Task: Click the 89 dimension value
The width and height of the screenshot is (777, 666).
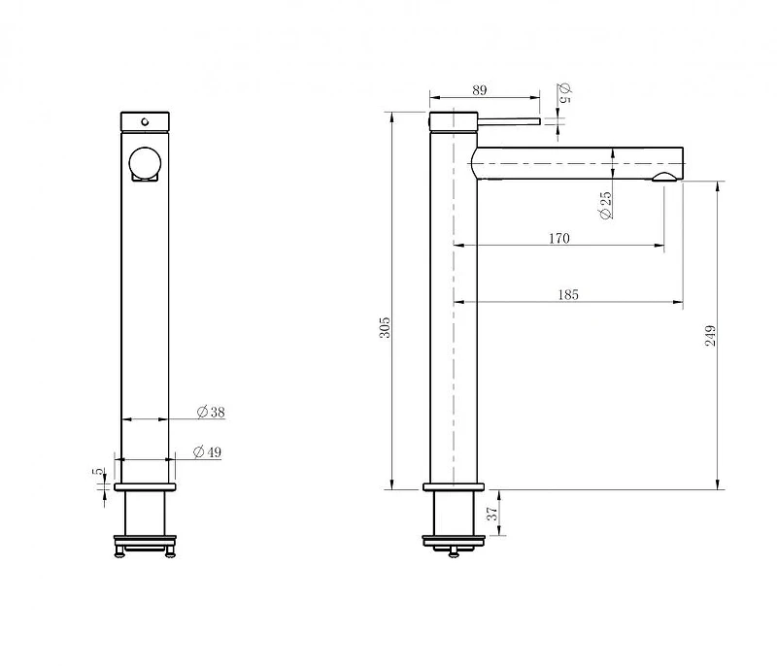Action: click(x=480, y=90)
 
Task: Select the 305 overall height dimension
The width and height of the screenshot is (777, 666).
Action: click(x=385, y=327)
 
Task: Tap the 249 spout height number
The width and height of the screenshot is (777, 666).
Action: click(x=710, y=335)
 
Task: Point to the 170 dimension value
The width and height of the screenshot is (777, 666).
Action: click(x=559, y=238)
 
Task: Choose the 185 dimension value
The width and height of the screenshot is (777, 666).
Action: click(x=568, y=294)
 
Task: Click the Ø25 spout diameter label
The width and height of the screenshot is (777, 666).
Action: click(x=605, y=205)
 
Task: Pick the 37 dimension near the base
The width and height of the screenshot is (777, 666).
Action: click(x=492, y=514)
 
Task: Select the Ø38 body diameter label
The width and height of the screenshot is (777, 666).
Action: click(x=211, y=412)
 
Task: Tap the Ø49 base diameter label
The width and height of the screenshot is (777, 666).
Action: click(x=207, y=452)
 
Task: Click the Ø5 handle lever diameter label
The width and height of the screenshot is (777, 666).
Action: click(x=565, y=92)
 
